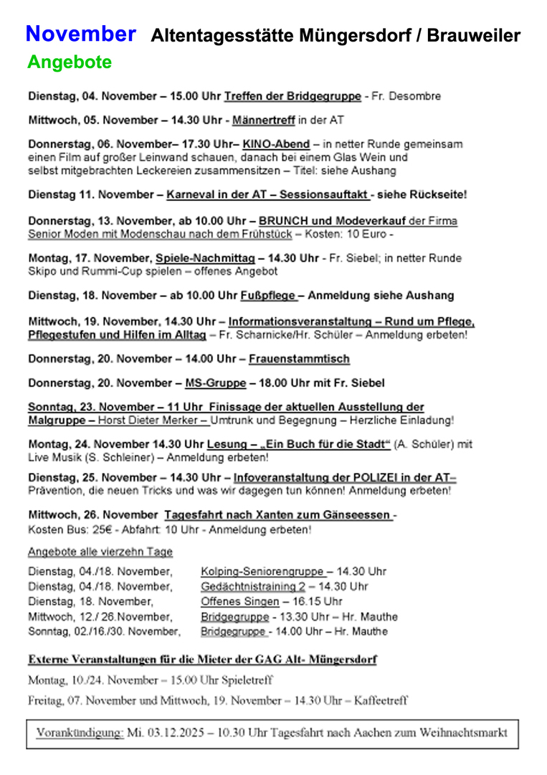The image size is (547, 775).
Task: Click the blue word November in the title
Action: point(80,34)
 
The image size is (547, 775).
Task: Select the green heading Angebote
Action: point(70,62)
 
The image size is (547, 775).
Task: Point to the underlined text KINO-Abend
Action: point(276,144)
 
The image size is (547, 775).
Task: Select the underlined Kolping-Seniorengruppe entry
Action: point(262,572)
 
